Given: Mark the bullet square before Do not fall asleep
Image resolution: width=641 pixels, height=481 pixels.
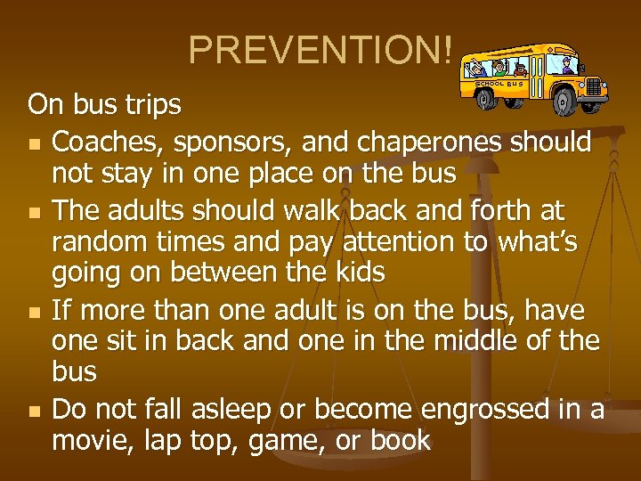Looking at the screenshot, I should (x=34, y=411).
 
